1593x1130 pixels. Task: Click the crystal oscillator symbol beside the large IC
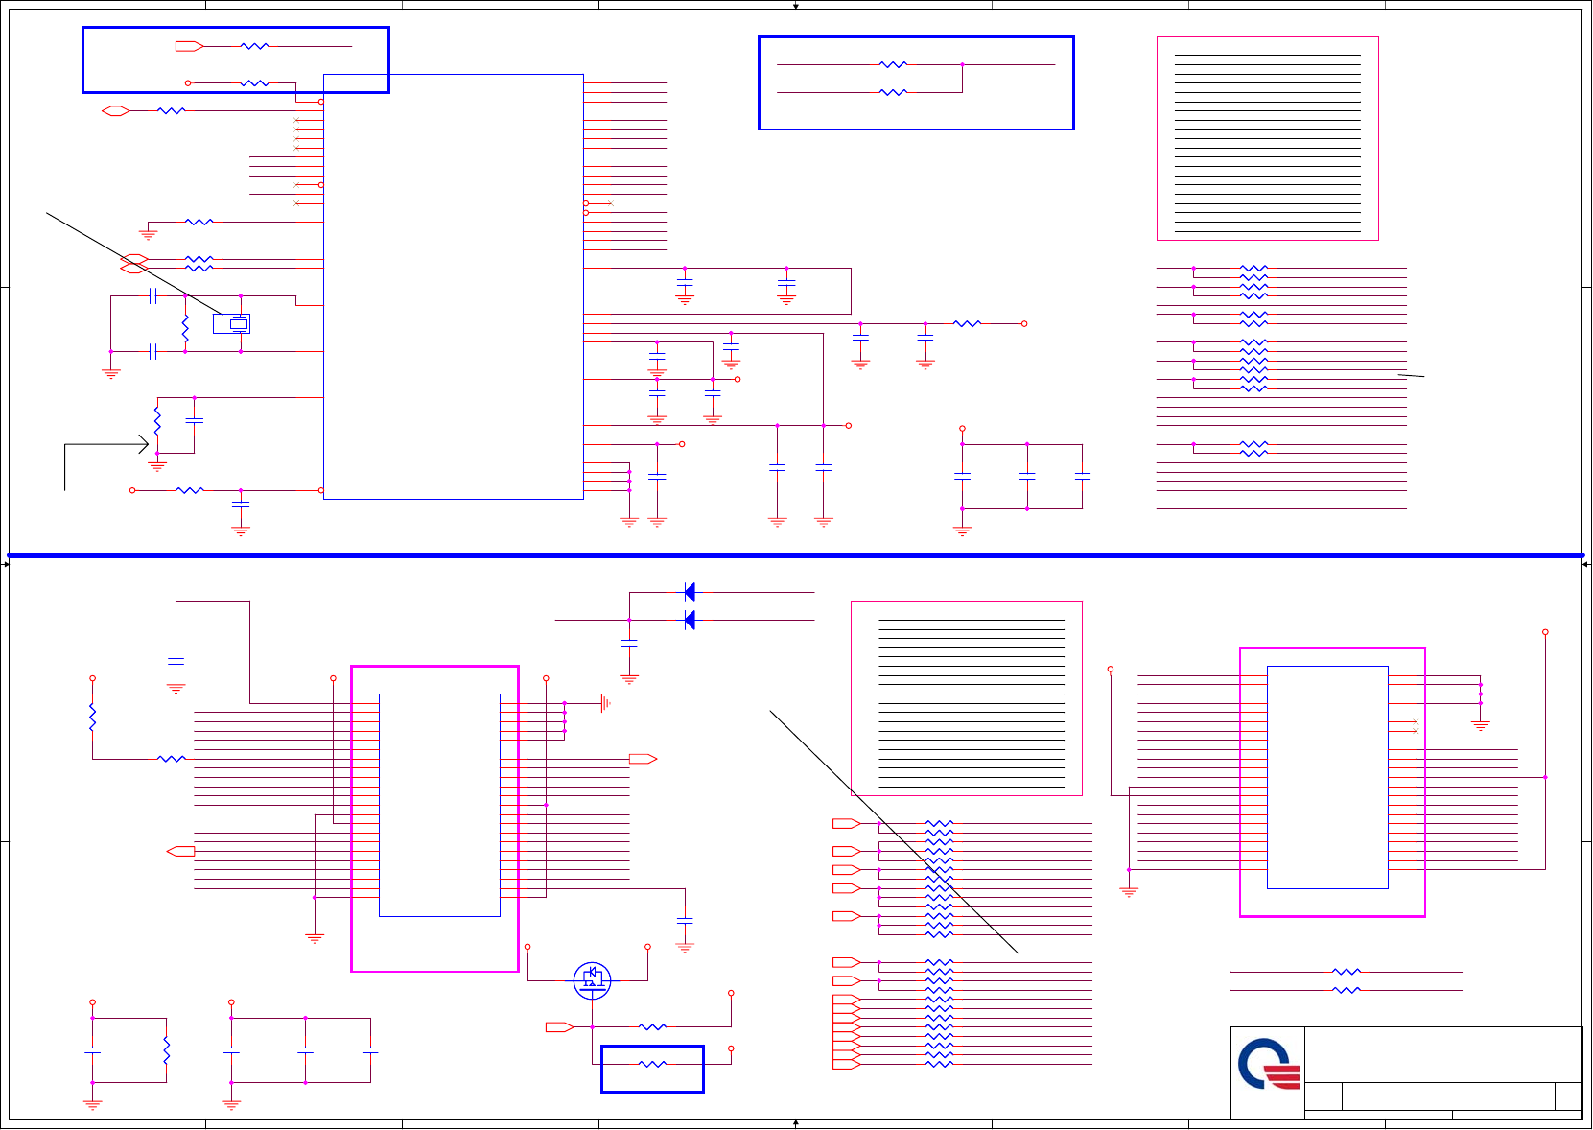[x=232, y=324]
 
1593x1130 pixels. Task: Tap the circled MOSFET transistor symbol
[x=592, y=979]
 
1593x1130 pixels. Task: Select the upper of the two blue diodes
[x=690, y=592]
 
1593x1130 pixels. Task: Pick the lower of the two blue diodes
[x=690, y=621]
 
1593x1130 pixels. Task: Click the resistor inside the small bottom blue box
[x=652, y=1064]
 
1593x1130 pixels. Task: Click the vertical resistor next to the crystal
[x=185, y=329]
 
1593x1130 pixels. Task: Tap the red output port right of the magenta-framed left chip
[x=643, y=759]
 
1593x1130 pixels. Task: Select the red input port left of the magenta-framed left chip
[x=180, y=851]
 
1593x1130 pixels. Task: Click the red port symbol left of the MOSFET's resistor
[x=559, y=1027]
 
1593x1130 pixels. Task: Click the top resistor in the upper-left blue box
[x=254, y=46]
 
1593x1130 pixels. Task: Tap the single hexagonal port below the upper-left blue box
[x=116, y=111]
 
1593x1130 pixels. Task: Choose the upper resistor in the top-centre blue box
[x=893, y=64]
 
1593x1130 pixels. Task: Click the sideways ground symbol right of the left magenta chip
[x=605, y=703]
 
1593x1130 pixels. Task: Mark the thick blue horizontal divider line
[x=796, y=555]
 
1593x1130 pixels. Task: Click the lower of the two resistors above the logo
[x=1347, y=990]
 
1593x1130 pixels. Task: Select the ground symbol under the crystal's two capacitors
[x=111, y=373]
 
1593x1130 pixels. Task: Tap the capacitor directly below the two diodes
[x=629, y=643]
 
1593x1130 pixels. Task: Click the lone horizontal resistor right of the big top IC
[x=967, y=324]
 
